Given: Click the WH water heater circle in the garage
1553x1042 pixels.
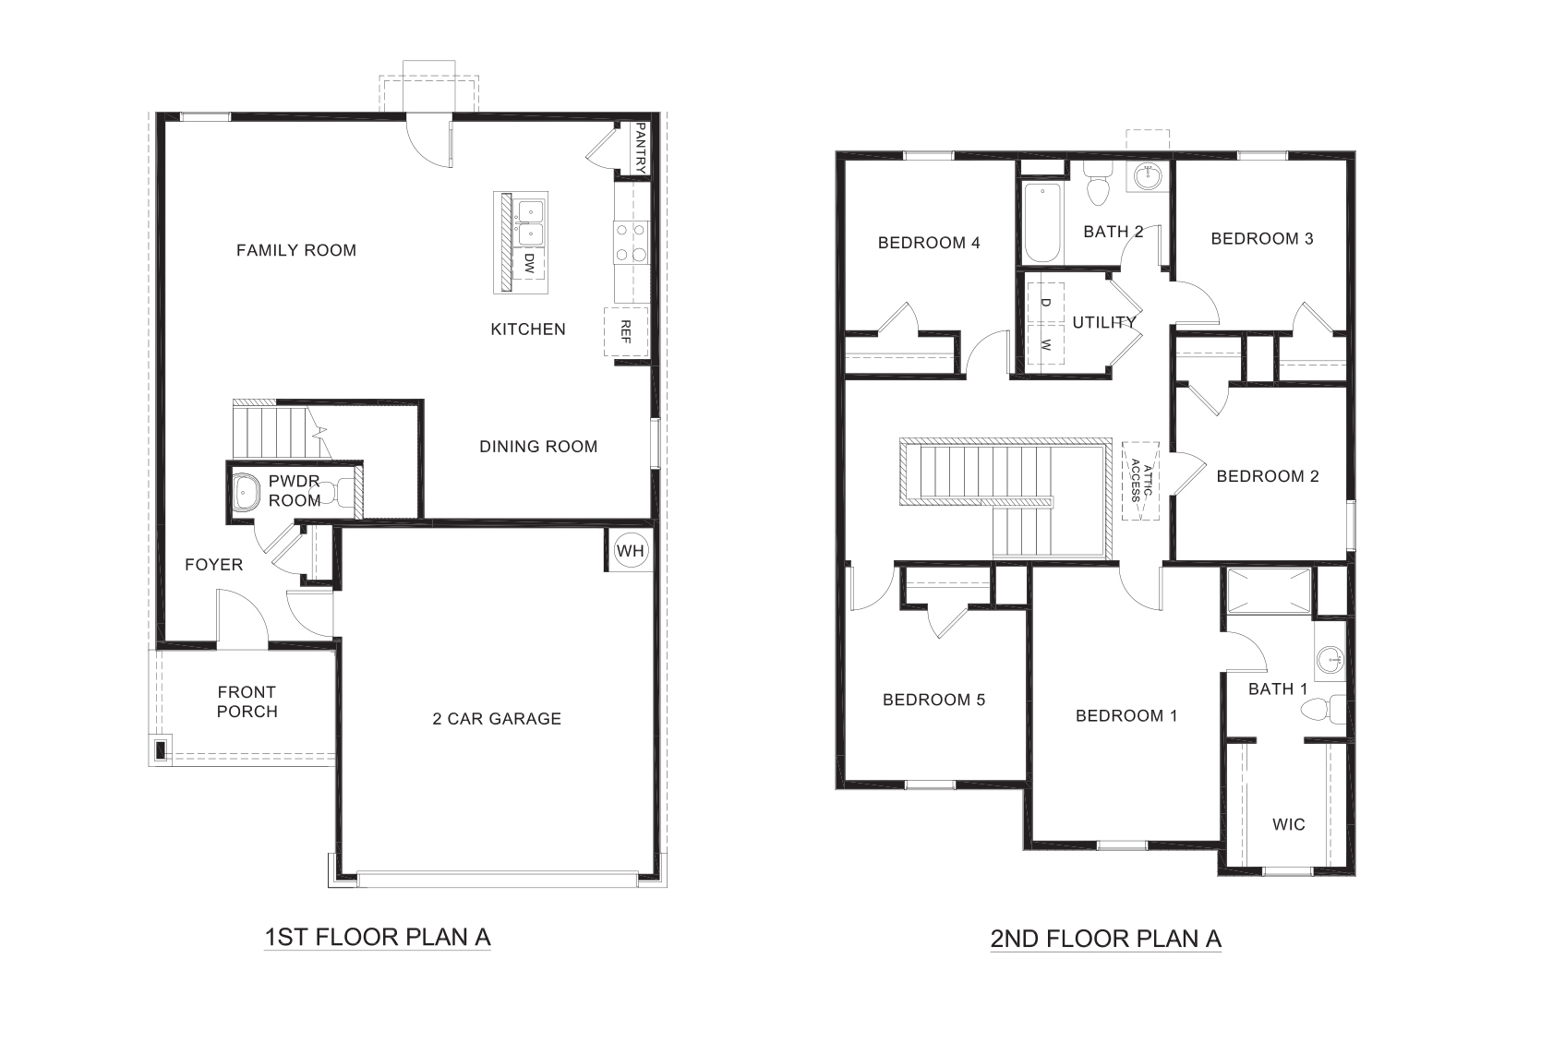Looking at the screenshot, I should [x=631, y=551].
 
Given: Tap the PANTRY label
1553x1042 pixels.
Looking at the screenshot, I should [x=638, y=149].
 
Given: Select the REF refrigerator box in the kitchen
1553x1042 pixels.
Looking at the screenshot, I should [x=626, y=331].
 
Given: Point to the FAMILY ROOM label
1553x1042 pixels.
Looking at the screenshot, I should [x=295, y=250].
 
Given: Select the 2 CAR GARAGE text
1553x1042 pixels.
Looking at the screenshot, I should [x=497, y=719].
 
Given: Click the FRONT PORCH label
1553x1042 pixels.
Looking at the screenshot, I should [x=247, y=701].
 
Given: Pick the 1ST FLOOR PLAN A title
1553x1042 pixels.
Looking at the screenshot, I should [x=377, y=938].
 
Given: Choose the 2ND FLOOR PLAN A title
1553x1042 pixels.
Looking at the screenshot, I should [x=1105, y=940].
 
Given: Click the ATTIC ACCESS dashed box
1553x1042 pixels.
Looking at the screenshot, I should [x=1141, y=480].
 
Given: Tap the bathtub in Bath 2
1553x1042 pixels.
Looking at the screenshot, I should [x=1041, y=222].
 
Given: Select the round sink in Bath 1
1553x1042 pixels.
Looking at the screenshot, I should [x=1331, y=659].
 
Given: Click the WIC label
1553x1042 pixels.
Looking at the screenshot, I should [x=1288, y=824].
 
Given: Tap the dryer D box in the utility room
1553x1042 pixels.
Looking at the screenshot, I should [x=1045, y=301].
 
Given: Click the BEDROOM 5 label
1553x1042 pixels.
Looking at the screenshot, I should [x=933, y=700].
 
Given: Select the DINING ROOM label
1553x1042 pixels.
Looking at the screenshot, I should [x=538, y=447].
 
